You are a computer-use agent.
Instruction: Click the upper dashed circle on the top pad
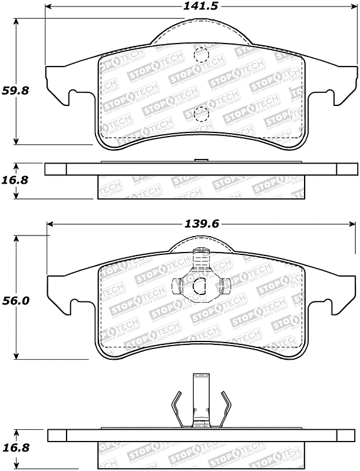[x=201, y=55]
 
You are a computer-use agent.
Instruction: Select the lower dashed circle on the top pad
[x=201, y=114]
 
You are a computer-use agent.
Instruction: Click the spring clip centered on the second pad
[x=200, y=279]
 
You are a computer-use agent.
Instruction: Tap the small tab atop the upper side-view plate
[x=201, y=160]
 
